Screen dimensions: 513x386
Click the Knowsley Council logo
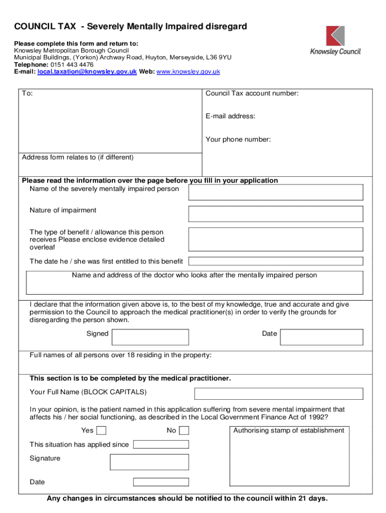(335, 40)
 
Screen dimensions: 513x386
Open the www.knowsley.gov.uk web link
(188, 72)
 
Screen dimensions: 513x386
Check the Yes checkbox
(101, 430)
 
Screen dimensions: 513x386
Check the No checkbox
(184, 430)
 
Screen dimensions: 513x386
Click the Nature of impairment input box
(275, 214)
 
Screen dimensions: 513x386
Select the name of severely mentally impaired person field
(275, 192)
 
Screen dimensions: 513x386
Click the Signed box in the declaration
(150, 337)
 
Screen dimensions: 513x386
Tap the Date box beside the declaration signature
(321, 337)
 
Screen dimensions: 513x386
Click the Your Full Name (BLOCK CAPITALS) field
(275, 394)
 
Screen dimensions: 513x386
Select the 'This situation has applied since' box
(161, 444)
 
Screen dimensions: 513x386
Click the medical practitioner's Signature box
(149, 462)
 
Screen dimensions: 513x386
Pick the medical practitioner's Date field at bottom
(161, 482)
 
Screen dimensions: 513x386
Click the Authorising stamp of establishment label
(289, 430)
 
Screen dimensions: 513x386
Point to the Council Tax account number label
(252, 93)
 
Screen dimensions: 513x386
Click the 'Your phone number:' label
(238, 139)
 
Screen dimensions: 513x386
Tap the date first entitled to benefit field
(275, 261)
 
